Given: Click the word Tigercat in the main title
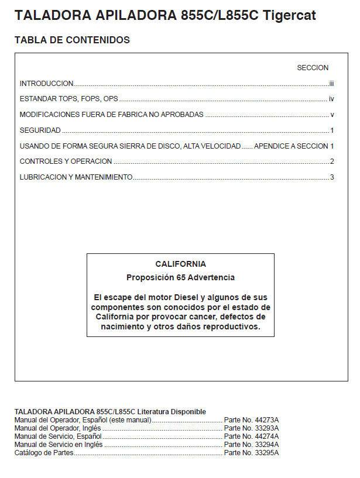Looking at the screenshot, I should [290, 16].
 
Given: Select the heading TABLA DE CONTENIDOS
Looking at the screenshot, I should [72, 40].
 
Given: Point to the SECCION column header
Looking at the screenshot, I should [313, 68].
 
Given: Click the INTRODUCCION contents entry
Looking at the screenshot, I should [46, 84].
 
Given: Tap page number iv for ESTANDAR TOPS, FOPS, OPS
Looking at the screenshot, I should [331, 99].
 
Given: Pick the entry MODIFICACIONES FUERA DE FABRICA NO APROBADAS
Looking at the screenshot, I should [111, 115].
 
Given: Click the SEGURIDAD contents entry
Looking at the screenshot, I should [40, 130].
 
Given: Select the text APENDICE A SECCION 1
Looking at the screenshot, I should [294, 146].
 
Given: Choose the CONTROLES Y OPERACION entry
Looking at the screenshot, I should [66, 161].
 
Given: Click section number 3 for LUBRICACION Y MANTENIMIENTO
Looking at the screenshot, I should [332, 177].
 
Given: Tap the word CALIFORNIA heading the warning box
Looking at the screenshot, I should [180, 264].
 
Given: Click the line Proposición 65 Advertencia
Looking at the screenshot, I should [180, 277].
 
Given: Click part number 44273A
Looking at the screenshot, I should [268, 420].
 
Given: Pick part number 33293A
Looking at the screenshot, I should [268, 428].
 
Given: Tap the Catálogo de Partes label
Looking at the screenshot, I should [44, 453].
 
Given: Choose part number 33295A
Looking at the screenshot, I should [268, 453].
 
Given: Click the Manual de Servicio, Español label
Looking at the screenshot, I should [58, 436].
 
